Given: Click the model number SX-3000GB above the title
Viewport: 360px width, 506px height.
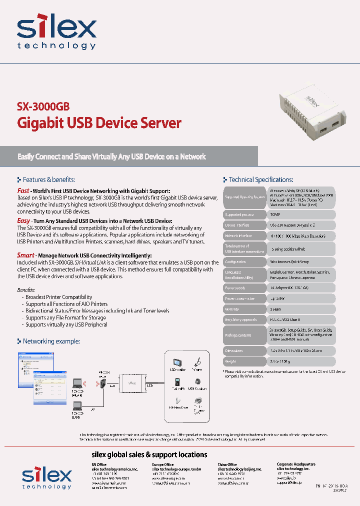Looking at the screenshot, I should pos(43,106).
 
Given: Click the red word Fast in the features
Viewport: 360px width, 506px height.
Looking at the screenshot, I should pos(23,190).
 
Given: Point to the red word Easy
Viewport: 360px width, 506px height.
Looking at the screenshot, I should pos(23,220).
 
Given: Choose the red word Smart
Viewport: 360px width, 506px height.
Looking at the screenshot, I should pos(25,255).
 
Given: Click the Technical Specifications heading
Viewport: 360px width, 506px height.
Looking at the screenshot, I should pos(260,179).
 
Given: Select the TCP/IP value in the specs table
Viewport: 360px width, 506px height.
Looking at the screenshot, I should pos(275,214).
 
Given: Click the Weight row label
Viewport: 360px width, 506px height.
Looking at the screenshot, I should pos(231,361).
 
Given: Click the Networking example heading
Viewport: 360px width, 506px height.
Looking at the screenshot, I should pos(51,341).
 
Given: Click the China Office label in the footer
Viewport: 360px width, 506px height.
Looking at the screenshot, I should pos(227,464).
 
